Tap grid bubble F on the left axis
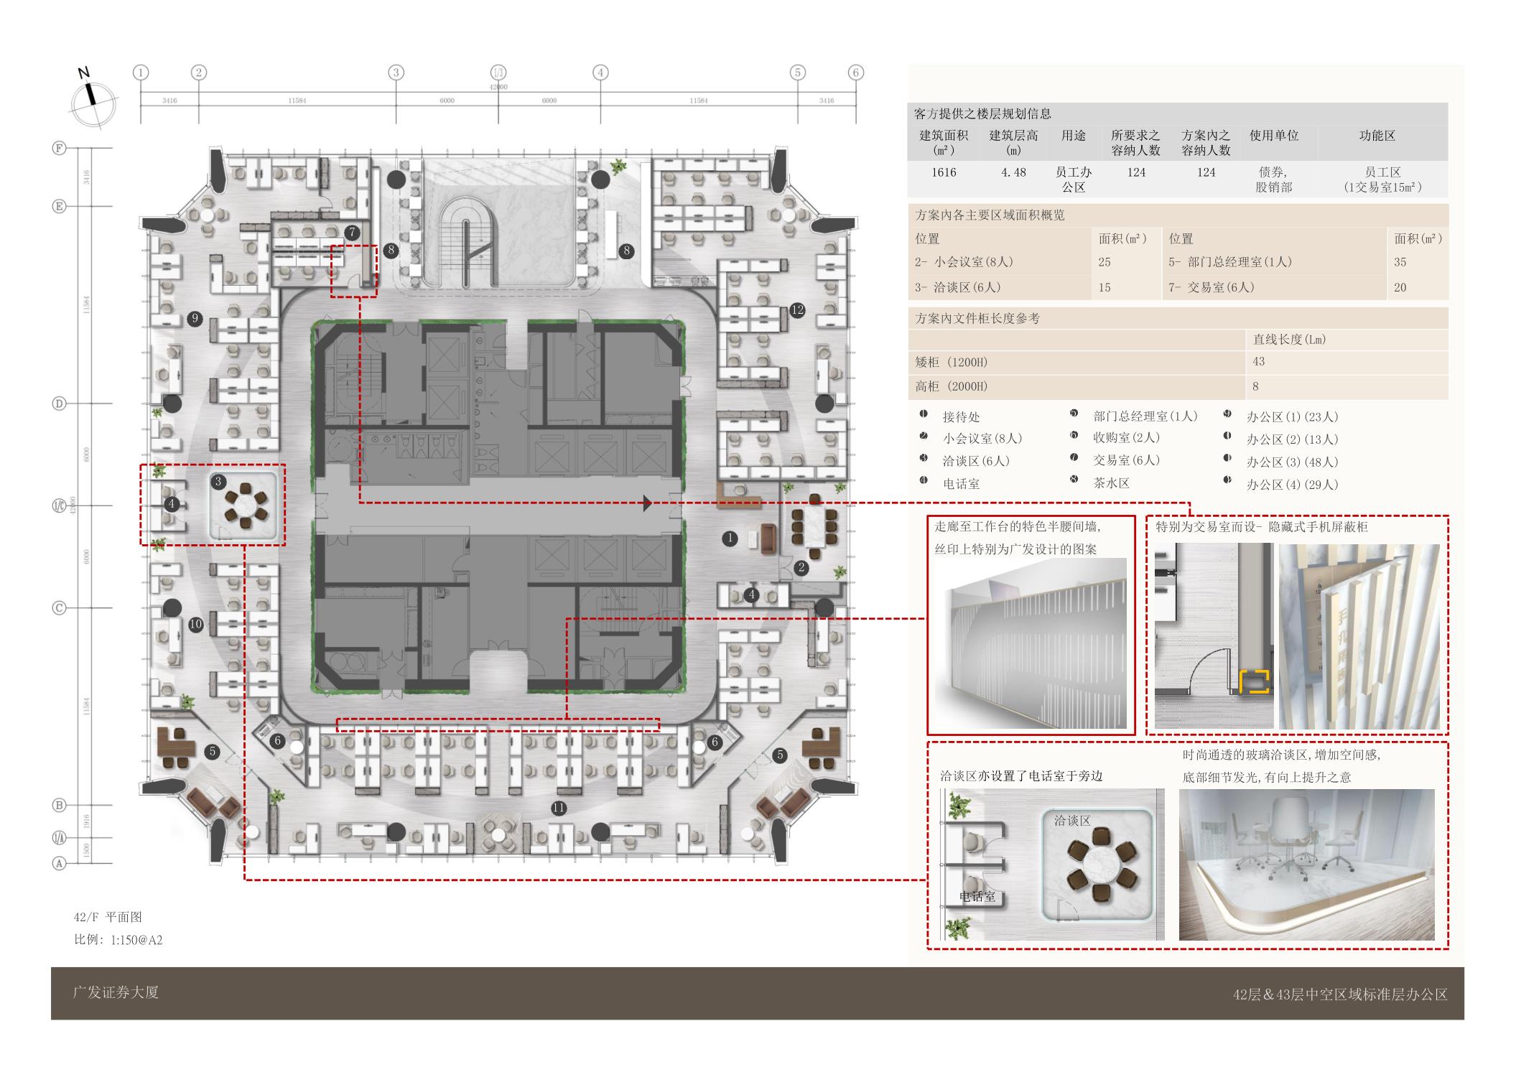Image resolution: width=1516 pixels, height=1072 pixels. (x=60, y=148)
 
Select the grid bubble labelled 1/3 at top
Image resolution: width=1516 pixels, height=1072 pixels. (x=498, y=73)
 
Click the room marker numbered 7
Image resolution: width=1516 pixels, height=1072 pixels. (x=352, y=232)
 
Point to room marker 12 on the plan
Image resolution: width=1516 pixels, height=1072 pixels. (x=797, y=310)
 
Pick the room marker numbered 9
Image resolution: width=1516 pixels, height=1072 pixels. (x=194, y=319)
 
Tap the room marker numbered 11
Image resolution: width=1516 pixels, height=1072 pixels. (x=559, y=808)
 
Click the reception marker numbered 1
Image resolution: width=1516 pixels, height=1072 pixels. (x=730, y=538)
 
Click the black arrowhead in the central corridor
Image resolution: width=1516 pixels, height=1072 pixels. (x=647, y=503)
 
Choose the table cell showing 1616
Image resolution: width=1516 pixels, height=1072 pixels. (x=944, y=172)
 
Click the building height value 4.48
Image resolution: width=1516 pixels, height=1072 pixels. (x=1013, y=172)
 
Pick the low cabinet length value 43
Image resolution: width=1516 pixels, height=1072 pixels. (x=1258, y=362)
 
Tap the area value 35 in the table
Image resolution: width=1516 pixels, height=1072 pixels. (x=1400, y=262)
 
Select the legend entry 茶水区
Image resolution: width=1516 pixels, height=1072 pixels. (x=1111, y=483)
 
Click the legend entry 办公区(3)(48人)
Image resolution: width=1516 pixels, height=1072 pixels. (x=1292, y=462)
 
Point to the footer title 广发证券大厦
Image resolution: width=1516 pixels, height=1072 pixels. (x=116, y=992)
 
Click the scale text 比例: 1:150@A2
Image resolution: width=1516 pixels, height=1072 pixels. (x=118, y=940)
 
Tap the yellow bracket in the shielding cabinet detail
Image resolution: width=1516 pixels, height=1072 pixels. (x=1254, y=681)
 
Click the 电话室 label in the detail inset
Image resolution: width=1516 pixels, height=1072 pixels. (x=977, y=897)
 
